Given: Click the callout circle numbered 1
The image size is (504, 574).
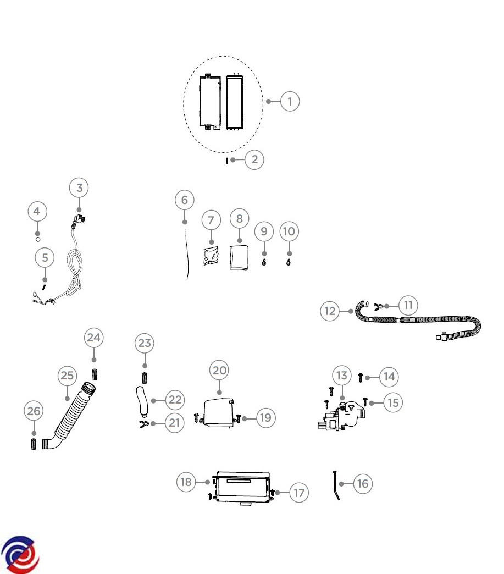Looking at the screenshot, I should tap(290, 102).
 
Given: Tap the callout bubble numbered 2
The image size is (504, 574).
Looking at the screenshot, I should tap(254, 160).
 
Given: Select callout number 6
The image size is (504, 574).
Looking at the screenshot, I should tap(184, 200).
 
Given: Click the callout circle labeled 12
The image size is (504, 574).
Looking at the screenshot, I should tap(330, 311).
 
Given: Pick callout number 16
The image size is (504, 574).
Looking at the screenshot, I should tap(362, 483).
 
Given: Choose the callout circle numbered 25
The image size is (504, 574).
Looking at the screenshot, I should tap(67, 376).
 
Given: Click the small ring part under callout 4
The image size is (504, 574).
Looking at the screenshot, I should tap(37, 239).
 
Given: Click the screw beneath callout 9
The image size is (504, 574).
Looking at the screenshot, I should tap(264, 262).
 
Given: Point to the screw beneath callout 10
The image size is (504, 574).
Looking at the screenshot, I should tap(289, 262).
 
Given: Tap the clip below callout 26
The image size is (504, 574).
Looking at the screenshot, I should tap(34, 444).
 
